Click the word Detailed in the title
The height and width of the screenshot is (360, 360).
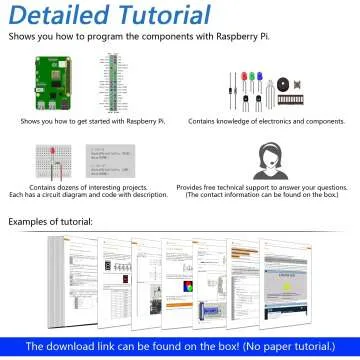[61, 16]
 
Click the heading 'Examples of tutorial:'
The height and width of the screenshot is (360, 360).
[51, 221]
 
